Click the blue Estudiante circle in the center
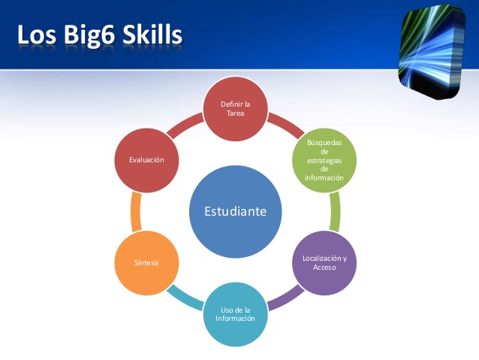tap(236, 211)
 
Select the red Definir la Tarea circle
tap(236, 108)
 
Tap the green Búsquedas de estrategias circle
tap(324, 159)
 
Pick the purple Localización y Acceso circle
tap(324, 262)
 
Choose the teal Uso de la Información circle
tap(236, 313)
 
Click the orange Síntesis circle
tap(146, 262)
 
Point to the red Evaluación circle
tap(146, 159)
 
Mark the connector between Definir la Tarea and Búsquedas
tap(282, 121)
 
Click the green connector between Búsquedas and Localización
tap(335, 211)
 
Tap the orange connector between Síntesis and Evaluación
tap(136, 211)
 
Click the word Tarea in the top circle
tap(236, 113)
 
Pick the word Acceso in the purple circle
tap(324, 268)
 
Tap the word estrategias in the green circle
tap(324, 159)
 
